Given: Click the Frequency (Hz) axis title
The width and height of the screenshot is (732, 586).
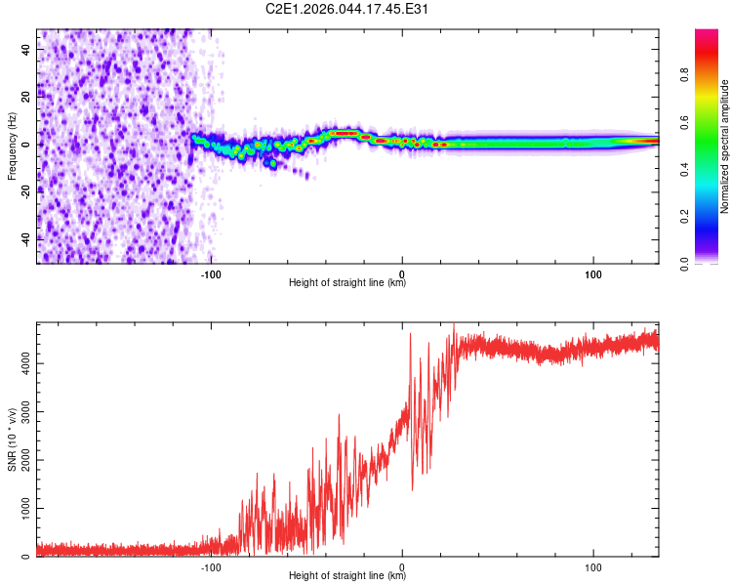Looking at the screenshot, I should [12, 146].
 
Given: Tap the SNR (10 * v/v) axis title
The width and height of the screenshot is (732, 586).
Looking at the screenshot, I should [12, 439].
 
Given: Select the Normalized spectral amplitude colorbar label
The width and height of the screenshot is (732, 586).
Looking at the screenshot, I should [724, 146].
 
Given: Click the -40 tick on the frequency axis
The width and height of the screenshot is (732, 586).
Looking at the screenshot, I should [26, 238].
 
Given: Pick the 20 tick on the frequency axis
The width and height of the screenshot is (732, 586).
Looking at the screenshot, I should [26, 97].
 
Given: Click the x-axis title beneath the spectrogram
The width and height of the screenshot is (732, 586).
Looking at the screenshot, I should [347, 284].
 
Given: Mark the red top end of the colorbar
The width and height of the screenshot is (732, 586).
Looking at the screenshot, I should [707, 34].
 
